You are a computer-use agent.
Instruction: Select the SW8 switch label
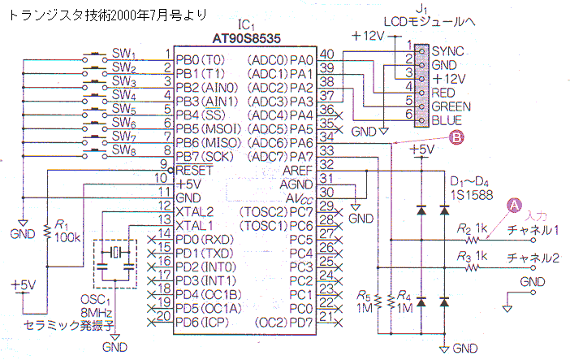(124, 150)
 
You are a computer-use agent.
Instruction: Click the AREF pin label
(297, 171)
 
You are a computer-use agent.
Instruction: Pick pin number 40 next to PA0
(326, 54)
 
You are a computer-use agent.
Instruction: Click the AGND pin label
(296, 184)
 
